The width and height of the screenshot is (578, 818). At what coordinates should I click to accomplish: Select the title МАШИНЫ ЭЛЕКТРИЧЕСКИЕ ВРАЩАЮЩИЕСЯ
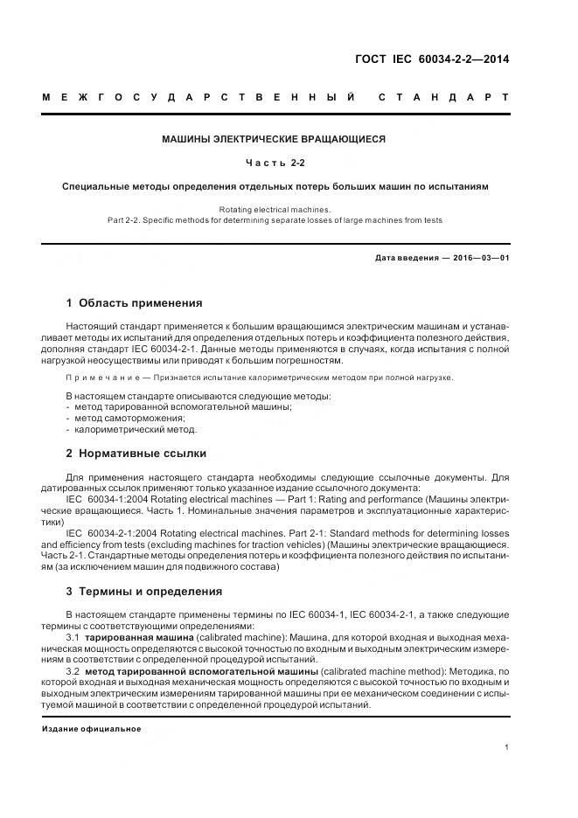(275, 139)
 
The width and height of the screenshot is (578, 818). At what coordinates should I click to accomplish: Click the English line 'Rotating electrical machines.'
(275, 209)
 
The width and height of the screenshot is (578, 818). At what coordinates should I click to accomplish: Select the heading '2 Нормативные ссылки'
(136, 454)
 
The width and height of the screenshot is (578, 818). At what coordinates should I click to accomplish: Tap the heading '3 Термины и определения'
(144, 591)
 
